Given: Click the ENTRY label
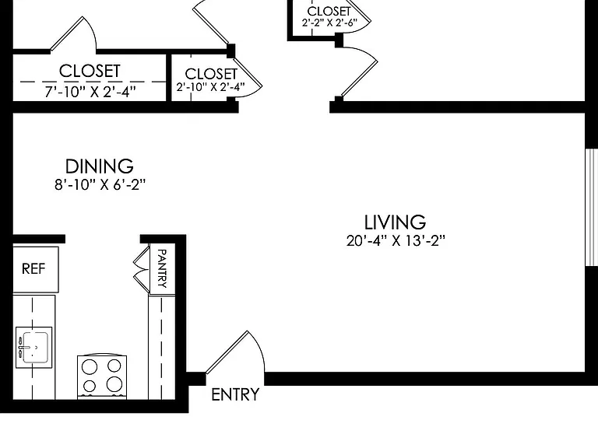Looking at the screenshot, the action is (x=235, y=394).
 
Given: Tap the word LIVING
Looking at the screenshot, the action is (x=395, y=222).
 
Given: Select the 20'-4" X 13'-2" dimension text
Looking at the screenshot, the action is (x=396, y=241).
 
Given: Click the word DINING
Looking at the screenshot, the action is (x=100, y=166).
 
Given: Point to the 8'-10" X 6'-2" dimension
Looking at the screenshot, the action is (x=100, y=185).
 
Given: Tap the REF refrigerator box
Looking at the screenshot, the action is (x=36, y=269).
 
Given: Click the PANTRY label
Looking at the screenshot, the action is (x=162, y=268).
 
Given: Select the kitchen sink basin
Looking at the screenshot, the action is (x=36, y=347).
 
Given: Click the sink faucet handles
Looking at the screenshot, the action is (x=20, y=347).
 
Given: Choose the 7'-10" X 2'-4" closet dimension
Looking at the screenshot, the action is (x=90, y=92).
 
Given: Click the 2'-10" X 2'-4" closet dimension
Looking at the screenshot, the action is (x=210, y=87).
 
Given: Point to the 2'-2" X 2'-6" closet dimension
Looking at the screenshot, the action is (x=329, y=23).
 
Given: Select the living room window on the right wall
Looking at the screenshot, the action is (x=592, y=207).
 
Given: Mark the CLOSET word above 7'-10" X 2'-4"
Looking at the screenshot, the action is (x=90, y=72).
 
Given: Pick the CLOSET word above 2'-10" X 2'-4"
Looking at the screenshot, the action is (x=211, y=74).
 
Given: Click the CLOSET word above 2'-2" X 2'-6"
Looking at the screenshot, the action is (x=329, y=11).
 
